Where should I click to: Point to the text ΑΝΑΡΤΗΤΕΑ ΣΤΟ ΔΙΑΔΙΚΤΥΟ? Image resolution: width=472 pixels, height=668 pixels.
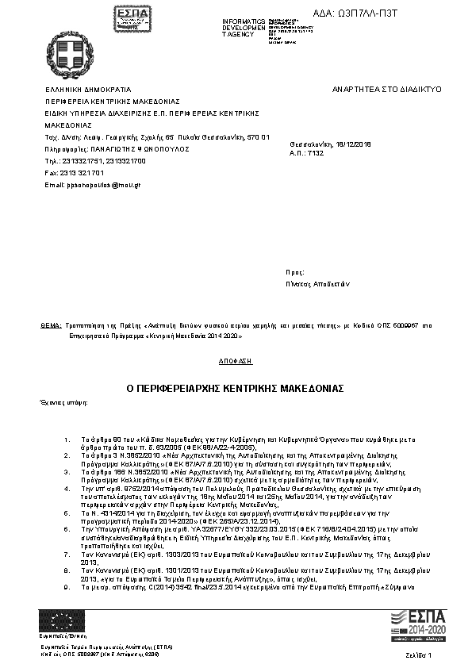tap(387, 90)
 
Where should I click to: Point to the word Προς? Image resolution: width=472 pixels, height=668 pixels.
tap(294, 271)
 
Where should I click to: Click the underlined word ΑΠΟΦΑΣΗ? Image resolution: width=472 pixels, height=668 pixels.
tap(235, 361)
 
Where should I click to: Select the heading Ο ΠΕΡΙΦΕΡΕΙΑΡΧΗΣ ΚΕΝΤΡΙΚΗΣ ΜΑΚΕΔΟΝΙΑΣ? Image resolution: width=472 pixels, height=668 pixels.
tap(235, 390)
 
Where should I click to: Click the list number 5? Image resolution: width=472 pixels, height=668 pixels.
tap(66, 513)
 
